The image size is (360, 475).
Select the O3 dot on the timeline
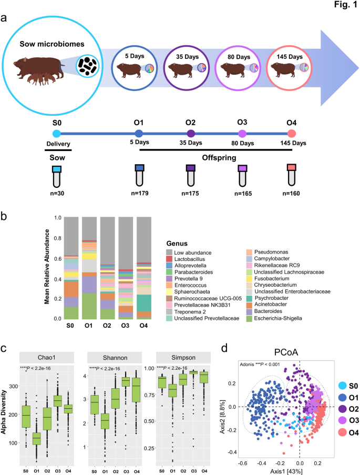tap(242, 134)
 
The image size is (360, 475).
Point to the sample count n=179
tap(139, 193)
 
